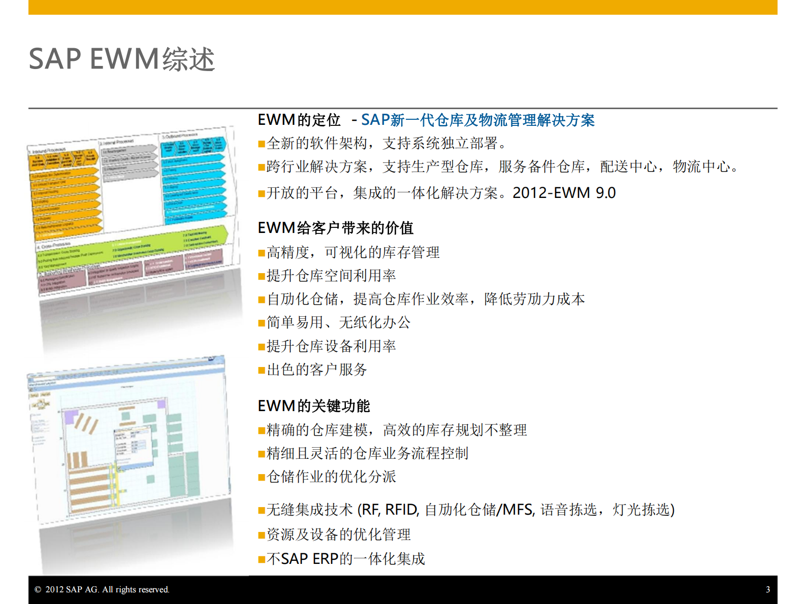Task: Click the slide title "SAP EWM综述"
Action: click(x=122, y=59)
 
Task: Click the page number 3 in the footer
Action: click(x=767, y=589)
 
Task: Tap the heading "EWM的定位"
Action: click(x=299, y=120)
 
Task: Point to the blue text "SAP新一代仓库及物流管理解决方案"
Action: click(x=477, y=120)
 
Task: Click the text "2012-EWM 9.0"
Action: click(x=564, y=193)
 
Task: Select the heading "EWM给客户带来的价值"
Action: click(x=335, y=228)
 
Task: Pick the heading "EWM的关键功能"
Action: click(x=313, y=406)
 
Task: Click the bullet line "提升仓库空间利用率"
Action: click(x=331, y=276)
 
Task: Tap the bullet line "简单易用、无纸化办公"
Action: click(x=338, y=322)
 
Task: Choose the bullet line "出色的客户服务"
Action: click(x=316, y=370)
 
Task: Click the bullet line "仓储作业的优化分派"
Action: click(x=331, y=477)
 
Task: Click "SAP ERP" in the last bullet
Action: click(x=310, y=559)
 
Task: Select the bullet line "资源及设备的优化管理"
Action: click(x=338, y=534)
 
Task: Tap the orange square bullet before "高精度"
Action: click(x=262, y=253)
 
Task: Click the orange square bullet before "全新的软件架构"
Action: click(x=262, y=144)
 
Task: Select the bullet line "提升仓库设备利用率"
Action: click(x=331, y=346)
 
